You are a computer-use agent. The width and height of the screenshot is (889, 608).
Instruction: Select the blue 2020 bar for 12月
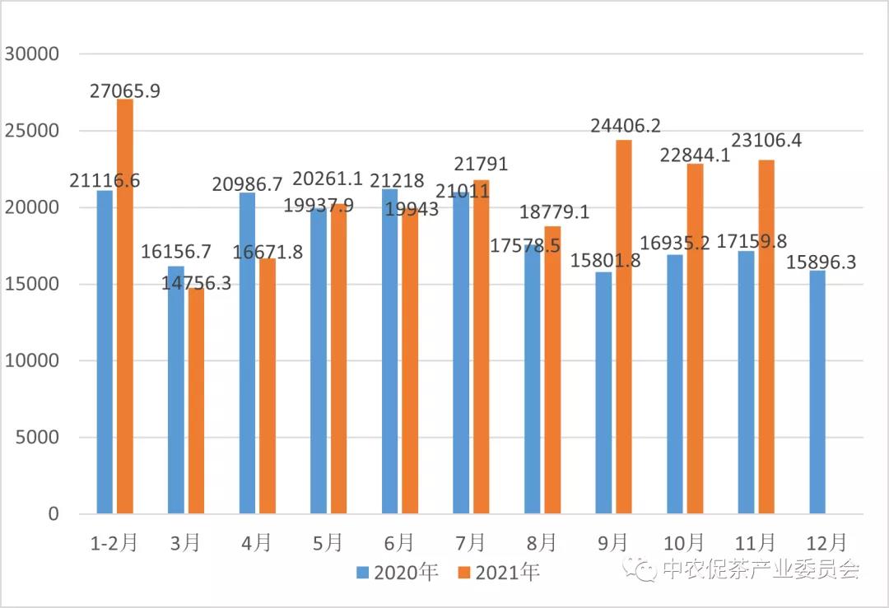(817, 392)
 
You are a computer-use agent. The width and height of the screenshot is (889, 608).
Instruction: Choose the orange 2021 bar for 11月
(766, 336)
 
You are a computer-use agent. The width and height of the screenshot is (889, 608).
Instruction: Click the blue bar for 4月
(247, 353)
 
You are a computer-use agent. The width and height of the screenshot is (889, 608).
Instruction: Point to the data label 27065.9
(124, 91)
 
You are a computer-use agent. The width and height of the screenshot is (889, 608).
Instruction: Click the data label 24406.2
(626, 126)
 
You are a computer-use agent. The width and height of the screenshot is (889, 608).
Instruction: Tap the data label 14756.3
(195, 281)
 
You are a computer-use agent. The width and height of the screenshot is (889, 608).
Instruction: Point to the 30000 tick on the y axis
(32, 54)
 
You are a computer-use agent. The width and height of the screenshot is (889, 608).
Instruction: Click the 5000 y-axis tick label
(38, 438)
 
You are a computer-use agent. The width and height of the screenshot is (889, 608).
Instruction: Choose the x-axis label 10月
(684, 542)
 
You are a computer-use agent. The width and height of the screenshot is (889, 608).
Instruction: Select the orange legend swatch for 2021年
(464, 572)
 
